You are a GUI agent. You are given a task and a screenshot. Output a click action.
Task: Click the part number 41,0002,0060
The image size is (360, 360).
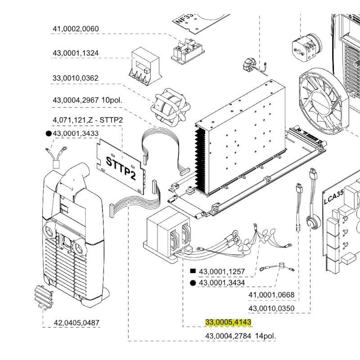coord(76,29)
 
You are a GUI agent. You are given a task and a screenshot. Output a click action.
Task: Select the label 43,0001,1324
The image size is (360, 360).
coord(76,53)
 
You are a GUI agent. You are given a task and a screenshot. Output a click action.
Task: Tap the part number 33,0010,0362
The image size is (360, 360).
coord(76,78)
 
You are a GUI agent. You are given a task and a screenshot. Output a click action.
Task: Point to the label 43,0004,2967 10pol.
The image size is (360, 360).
coord(87,100)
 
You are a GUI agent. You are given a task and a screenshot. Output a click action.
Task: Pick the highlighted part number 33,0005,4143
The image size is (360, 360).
coord(228,322)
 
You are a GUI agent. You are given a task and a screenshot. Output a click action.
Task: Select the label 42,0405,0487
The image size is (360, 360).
coord(76,323)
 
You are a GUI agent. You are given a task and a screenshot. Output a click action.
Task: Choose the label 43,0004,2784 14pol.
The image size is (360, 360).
coord(240,336)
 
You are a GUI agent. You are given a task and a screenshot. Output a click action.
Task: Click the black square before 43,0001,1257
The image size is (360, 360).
coord(193,271)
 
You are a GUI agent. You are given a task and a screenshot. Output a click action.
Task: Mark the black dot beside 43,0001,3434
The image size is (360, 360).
coord(193,283)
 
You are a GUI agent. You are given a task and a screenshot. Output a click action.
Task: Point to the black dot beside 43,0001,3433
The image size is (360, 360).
coord(48,134)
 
